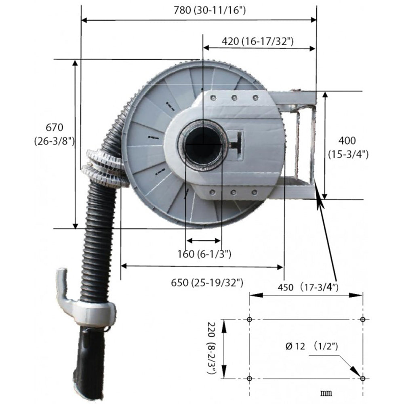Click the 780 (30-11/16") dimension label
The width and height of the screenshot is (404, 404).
pyautogui.click(x=209, y=11)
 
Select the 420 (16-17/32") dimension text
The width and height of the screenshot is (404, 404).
pyautogui.click(x=257, y=41)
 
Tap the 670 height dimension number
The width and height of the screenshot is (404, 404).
pyautogui.click(x=54, y=128)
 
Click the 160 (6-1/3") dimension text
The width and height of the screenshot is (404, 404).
pyautogui.click(x=204, y=254)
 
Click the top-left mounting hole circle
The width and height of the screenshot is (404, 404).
pyautogui.click(x=249, y=320)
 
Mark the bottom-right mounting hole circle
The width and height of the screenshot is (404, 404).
pyautogui.click(x=363, y=379)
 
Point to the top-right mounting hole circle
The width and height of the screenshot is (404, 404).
pyautogui.click(x=363, y=320)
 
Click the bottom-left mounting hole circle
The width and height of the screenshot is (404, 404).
pyautogui.click(x=249, y=379)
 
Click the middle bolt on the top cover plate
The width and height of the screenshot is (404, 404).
pyautogui.click(x=234, y=97)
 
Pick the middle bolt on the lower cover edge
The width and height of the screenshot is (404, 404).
pyautogui.click(x=233, y=193)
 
